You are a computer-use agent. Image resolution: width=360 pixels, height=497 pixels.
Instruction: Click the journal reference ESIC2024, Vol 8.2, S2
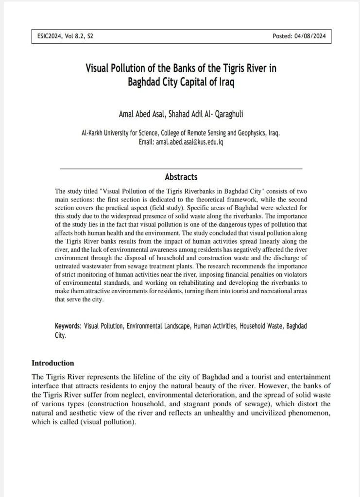[65, 36]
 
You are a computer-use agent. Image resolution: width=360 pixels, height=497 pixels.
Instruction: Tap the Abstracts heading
[181, 177]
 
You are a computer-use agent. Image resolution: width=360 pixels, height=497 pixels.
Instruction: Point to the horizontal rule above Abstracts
[181, 168]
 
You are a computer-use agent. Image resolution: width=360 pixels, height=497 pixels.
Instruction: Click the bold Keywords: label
[68, 326]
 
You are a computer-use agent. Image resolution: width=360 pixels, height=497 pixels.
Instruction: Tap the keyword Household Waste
[261, 326]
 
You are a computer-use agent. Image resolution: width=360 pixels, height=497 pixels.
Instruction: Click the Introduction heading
[52, 363]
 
